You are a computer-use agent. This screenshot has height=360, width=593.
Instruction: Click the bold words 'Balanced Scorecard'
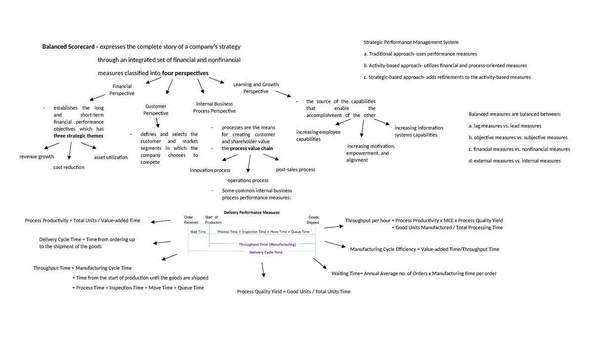tap(69, 47)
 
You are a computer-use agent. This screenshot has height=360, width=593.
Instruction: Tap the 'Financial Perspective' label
tap(122, 89)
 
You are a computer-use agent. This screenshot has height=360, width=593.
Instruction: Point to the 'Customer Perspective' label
tap(156, 110)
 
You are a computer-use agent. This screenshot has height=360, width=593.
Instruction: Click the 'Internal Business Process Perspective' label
tap(214, 107)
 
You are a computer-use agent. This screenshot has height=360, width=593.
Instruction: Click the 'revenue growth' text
tap(37, 157)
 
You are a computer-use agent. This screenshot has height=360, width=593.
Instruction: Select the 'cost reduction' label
tap(69, 167)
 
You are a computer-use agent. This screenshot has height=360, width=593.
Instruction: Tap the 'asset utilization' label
tap(111, 158)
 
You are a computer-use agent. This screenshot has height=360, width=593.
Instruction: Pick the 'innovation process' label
tap(210, 170)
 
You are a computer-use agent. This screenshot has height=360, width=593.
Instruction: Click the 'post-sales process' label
tap(295, 169)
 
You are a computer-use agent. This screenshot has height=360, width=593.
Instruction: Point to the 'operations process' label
tap(248, 180)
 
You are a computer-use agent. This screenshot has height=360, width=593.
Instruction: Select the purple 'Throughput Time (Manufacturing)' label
tap(267, 244)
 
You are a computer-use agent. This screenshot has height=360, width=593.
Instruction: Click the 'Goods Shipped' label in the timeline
tap(313, 220)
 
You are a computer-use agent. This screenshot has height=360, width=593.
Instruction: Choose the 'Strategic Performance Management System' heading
tap(411, 42)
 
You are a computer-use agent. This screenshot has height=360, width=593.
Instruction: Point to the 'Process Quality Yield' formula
tap(294, 292)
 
